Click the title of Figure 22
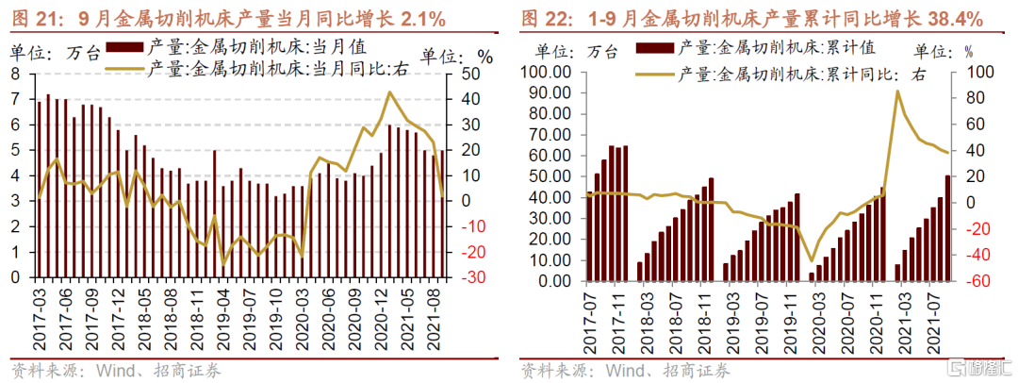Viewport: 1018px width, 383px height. (752, 18)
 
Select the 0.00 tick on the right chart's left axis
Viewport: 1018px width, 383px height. (557, 281)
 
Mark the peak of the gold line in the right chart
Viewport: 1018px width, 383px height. (897, 91)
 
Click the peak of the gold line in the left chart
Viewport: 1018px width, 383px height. (389, 92)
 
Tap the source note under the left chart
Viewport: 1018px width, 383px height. (115, 371)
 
